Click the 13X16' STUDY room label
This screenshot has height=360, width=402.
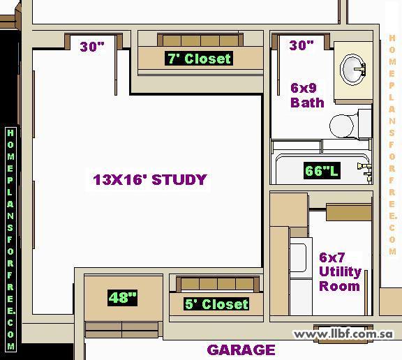tap(150, 179)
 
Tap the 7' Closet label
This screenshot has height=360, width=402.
tap(199, 59)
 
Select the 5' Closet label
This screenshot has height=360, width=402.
tap(216, 304)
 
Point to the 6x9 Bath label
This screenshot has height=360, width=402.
tap(307, 96)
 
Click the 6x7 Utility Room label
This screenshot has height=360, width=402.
tap(340, 271)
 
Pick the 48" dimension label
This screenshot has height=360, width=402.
tap(123, 298)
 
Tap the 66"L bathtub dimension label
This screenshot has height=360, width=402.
tap(322, 170)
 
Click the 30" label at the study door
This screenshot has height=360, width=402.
tap(92, 47)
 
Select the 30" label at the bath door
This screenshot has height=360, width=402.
tap(301, 45)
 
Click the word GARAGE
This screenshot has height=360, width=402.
tap(241, 350)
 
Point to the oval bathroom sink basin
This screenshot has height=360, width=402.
tap(352, 69)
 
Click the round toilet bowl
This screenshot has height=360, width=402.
tap(342, 126)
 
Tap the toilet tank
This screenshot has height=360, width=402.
tap(364, 124)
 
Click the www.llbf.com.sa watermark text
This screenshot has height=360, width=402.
tap(343, 334)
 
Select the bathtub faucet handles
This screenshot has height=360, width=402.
tap(364, 169)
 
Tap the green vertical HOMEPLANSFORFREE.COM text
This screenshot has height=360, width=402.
tap(10, 239)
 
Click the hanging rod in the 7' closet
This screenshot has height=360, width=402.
tap(200, 40)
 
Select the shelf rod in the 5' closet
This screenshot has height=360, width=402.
tap(218, 284)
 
